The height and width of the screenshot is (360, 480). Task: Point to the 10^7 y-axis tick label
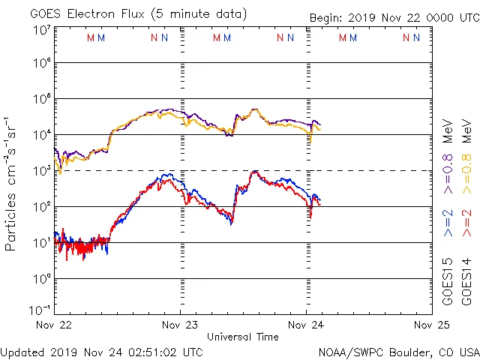point(41,29)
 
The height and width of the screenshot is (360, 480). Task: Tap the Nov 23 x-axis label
point(181,325)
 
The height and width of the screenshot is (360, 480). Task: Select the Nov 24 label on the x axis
point(306,325)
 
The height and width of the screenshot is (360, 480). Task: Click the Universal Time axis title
point(243,337)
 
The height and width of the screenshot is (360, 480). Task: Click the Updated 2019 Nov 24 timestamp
point(101,351)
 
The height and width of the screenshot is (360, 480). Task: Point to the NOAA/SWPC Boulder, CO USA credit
point(398,351)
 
